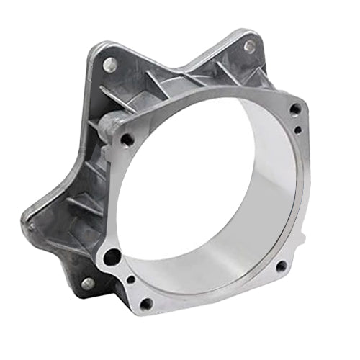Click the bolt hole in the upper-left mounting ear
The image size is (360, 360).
click(x=110, y=63)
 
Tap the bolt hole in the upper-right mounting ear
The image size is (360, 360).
click(x=248, y=45)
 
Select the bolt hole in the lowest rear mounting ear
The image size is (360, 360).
click(x=87, y=283)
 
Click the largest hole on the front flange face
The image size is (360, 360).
click(x=112, y=256)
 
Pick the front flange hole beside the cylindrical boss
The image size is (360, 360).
click(x=127, y=139)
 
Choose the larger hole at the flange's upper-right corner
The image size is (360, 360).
click(x=294, y=109)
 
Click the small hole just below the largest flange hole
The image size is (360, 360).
click(x=130, y=279)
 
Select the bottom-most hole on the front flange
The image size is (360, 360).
click(x=146, y=304)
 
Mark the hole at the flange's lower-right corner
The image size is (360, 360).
click(x=281, y=266)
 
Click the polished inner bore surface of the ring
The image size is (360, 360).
click(x=238, y=216)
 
